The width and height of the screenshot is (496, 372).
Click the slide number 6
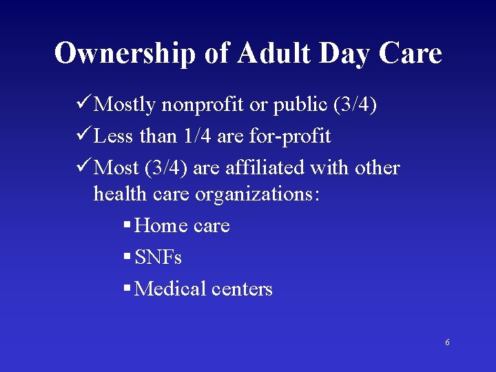click(447, 342)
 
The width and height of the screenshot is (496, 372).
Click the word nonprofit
click(203, 105)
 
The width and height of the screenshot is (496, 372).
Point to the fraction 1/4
click(197, 136)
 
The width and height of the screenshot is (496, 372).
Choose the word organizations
click(257, 194)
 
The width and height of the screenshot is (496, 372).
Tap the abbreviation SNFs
click(158, 258)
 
